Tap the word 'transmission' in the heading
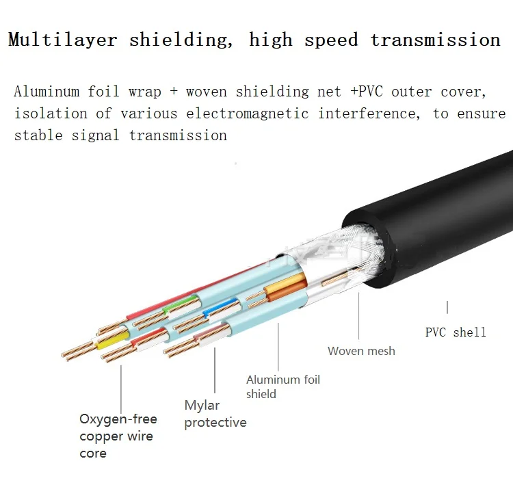click(x=435, y=40)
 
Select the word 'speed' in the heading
click(x=331, y=40)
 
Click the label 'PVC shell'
click(x=456, y=332)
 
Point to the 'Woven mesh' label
click(x=361, y=351)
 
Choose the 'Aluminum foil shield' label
click(x=282, y=386)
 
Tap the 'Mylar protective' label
click(x=215, y=414)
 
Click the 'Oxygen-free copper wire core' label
click(x=118, y=436)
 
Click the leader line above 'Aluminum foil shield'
click(x=279, y=345)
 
